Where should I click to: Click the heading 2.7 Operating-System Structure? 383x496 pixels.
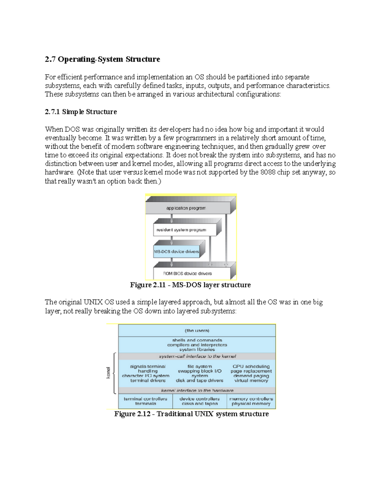(x=102, y=59)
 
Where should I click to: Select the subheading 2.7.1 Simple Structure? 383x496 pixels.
(x=81, y=112)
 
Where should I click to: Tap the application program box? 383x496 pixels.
(x=186, y=208)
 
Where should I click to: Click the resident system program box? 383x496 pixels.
(x=181, y=230)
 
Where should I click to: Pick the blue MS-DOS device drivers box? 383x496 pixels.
(x=176, y=252)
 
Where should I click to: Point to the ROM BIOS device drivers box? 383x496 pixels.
(x=188, y=274)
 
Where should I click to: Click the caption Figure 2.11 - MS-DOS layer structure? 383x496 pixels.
(x=190, y=285)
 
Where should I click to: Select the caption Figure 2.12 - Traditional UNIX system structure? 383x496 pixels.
(x=191, y=414)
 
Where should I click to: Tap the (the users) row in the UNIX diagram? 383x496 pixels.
(x=197, y=331)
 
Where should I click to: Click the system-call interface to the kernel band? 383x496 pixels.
(x=197, y=356)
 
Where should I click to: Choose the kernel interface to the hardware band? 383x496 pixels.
(x=197, y=391)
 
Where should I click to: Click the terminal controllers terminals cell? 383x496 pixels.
(x=146, y=401)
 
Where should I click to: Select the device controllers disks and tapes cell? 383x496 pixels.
(x=199, y=401)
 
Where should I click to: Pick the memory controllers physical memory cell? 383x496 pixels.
(x=251, y=401)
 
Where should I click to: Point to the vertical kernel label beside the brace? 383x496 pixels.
(x=108, y=373)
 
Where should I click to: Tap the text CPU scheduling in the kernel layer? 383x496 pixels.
(x=251, y=367)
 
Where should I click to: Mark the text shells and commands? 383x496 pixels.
(x=197, y=340)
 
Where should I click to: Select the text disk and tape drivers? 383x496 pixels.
(x=199, y=381)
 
